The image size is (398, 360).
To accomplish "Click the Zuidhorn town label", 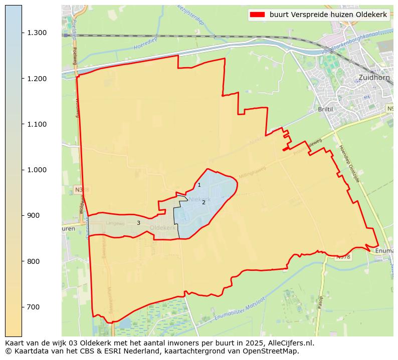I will (375, 78).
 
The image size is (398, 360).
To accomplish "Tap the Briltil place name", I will (325, 109).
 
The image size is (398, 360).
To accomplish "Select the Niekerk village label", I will (199, 199).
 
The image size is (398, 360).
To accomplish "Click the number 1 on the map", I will (199, 185).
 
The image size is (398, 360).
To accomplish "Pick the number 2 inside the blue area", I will (204, 203).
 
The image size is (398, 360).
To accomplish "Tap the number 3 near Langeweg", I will (138, 223).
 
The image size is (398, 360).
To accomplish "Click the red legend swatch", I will (257, 15).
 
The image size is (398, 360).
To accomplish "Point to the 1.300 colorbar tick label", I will (37, 33).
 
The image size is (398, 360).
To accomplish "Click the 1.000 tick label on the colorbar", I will (37, 170).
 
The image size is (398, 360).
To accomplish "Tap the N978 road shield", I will (343, 256).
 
